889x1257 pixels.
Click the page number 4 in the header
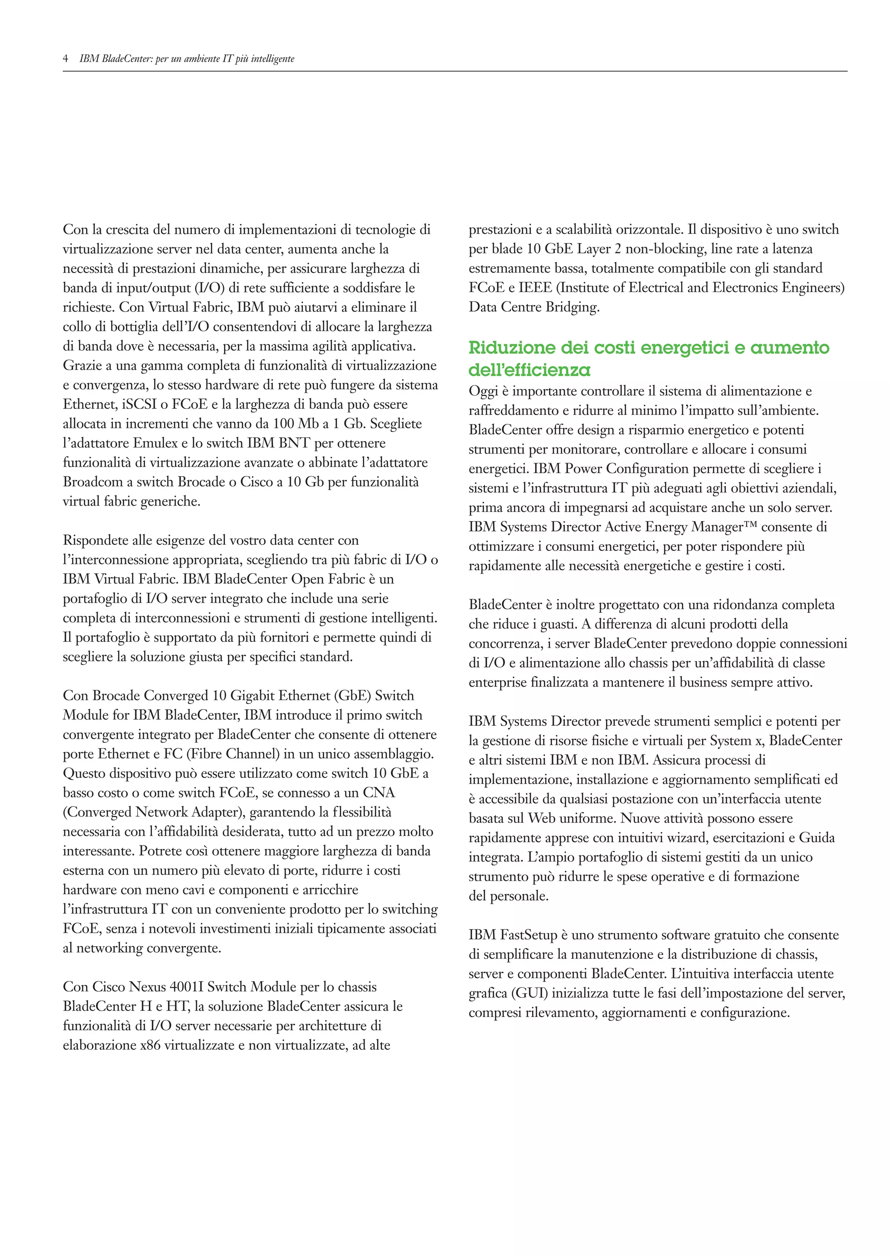pos(66,59)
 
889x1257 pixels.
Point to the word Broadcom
pos(92,482)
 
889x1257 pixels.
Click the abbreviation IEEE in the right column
pos(535,288)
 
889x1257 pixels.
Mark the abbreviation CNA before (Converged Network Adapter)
pos(379,793)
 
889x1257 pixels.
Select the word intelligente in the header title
pos(272,59)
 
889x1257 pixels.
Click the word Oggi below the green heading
pos(482,392)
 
